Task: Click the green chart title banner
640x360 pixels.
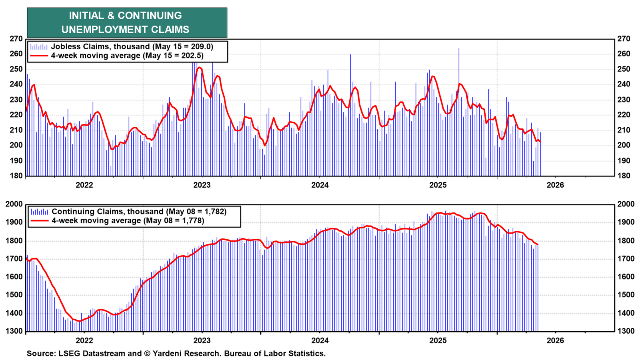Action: click(127, 22)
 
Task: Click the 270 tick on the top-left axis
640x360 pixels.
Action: click(16, 39)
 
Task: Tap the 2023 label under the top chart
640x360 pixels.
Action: click(202, 185)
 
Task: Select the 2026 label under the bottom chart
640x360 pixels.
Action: click(556, 340)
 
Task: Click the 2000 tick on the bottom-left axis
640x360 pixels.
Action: click(14, 204)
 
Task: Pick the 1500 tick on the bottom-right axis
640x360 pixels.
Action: click(626, 295)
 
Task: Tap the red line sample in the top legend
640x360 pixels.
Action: click(39, 56)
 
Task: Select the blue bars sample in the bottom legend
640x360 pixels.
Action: click(40, 212)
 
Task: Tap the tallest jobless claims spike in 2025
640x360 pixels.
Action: click(459, 48)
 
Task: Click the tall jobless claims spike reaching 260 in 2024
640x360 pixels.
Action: click(350, 54)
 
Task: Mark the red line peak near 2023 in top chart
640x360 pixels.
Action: click(199, 68)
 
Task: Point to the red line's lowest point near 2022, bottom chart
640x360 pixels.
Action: click(80, 321)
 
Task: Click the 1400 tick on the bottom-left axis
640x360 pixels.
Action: click(14, 313)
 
